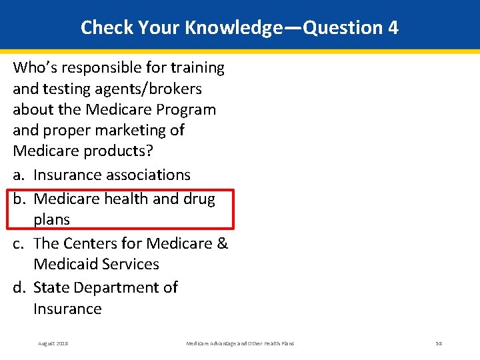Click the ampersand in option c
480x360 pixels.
(x=223, y=243)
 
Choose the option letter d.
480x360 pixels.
(x=18, y=287)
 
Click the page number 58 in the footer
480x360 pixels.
(x=439, y=343)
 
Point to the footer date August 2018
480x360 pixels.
(x=53, y=343)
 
